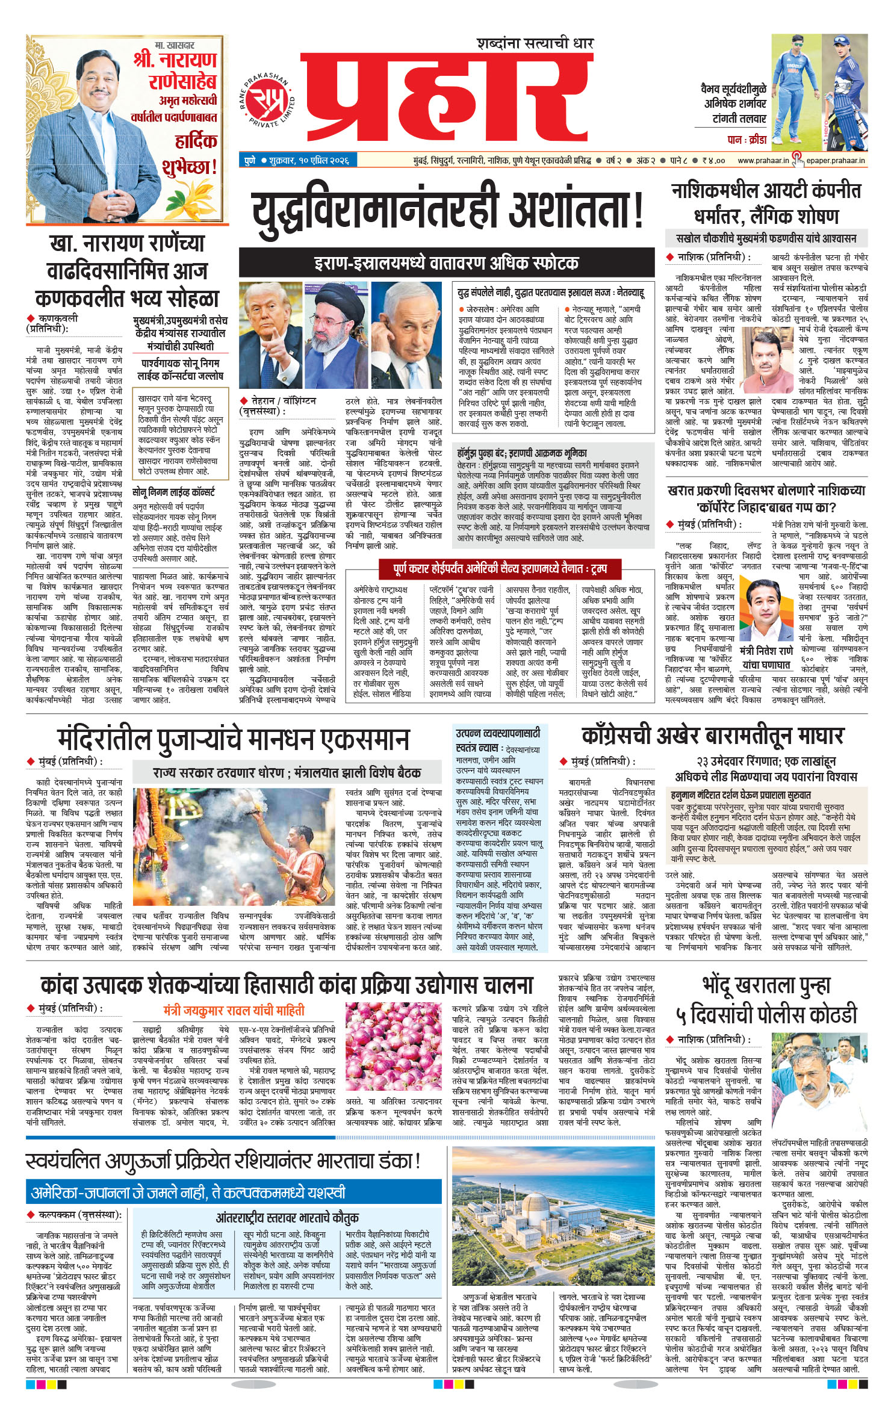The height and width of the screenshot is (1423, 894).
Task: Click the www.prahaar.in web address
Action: pos(763,160)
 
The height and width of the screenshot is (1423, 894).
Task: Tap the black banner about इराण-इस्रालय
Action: pos(446,262)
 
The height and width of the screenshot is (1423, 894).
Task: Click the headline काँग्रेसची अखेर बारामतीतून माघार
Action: pos(712,736)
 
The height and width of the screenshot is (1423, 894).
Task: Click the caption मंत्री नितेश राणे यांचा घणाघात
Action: pos(766,658)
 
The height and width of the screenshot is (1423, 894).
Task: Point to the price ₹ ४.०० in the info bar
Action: pos(713,161)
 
